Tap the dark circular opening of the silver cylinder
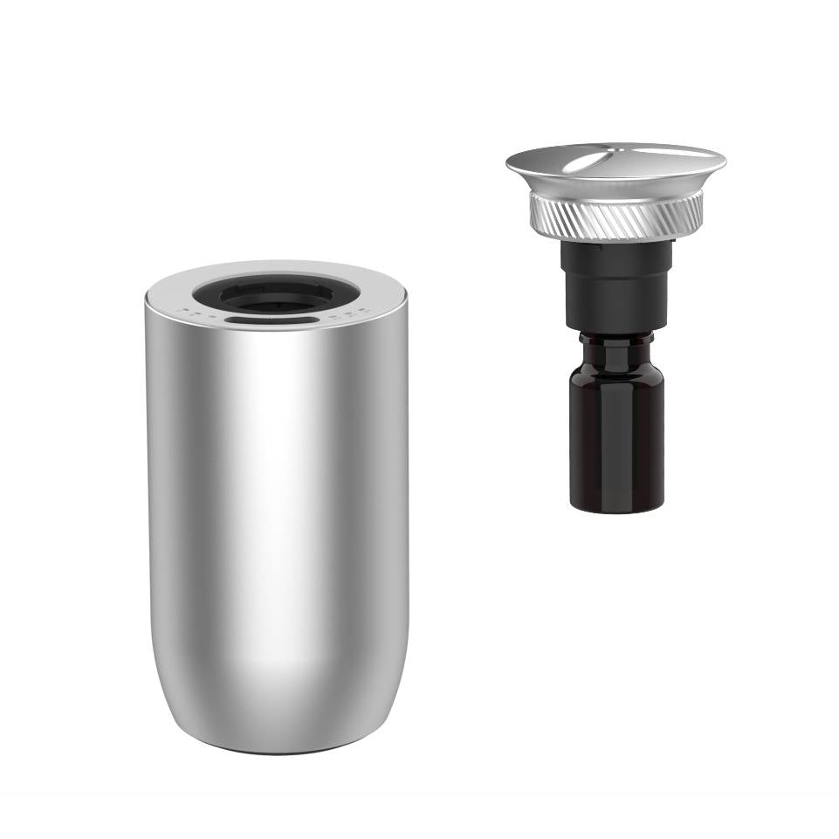[276, 294]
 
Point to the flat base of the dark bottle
[615, 506]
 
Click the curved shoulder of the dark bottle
[616, 367]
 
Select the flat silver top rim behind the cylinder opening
[276, 269]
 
